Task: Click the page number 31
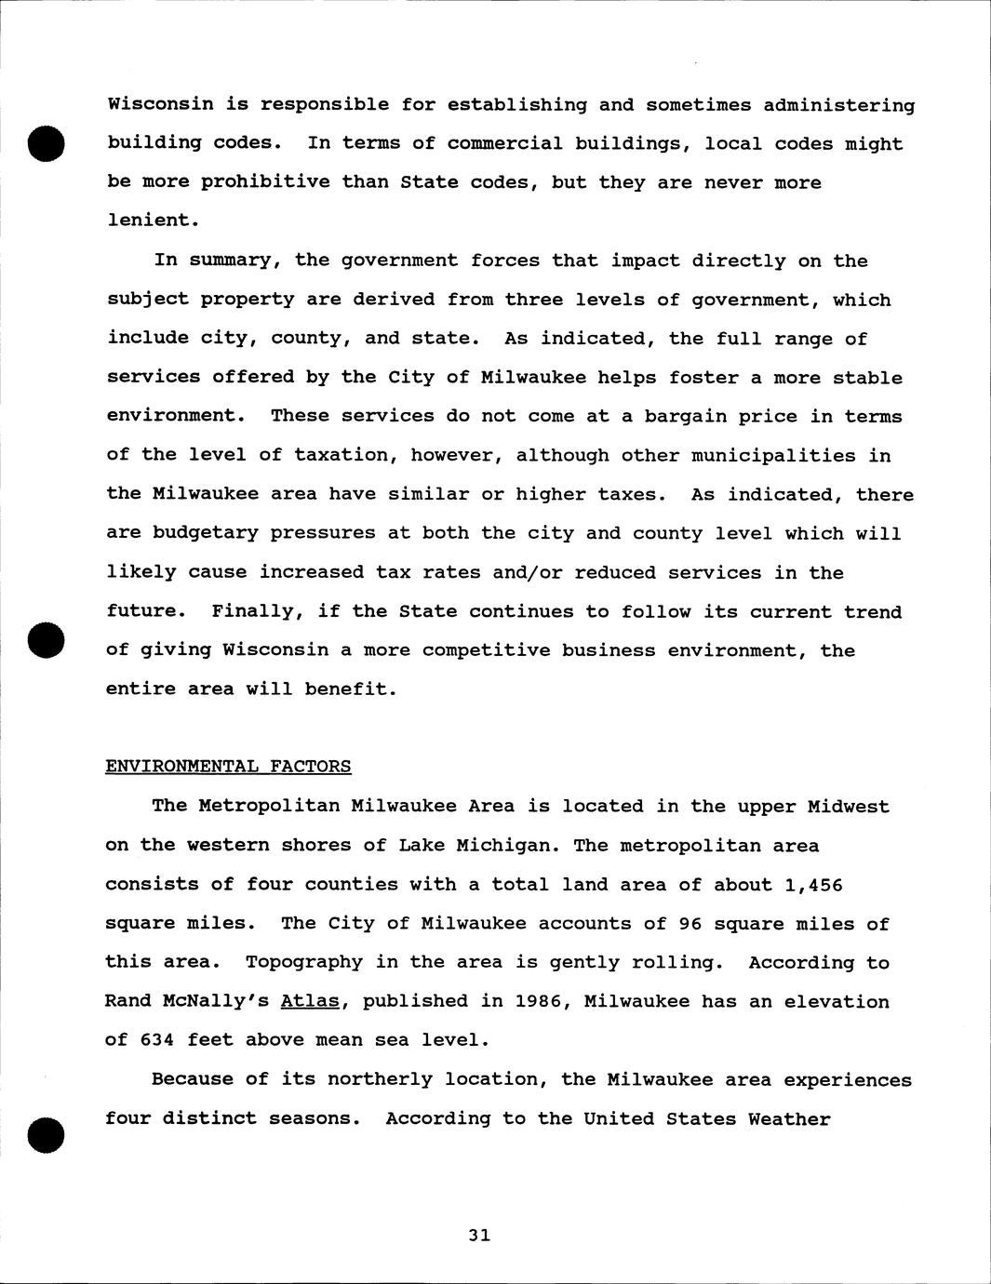(x=479, y=1236)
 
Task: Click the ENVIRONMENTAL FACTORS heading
(x=228, y=767)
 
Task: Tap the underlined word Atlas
(x=309, y=1001)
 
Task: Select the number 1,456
(x=812, y=885)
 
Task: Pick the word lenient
(x=149, y=221)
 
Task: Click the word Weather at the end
(x=789, y=1118)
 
